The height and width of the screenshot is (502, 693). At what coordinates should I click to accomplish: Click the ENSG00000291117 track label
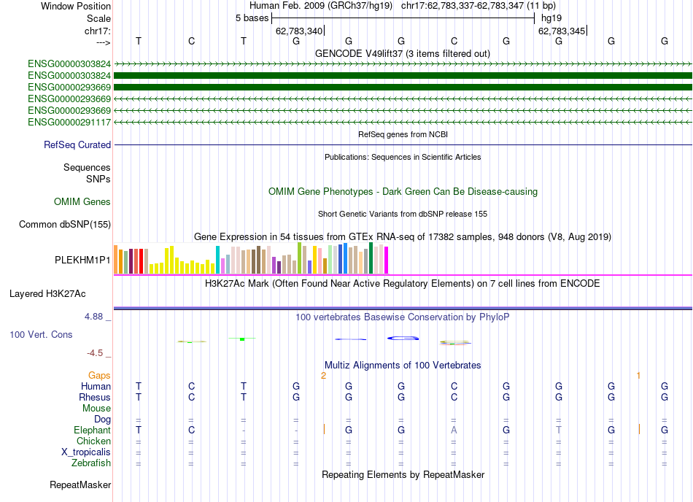[69, 122]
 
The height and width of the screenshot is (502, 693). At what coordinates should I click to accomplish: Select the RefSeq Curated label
[77, 145]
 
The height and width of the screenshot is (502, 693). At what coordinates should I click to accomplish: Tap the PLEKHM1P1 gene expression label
[83, 260]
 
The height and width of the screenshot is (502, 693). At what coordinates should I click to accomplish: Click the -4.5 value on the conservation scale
[95, 353]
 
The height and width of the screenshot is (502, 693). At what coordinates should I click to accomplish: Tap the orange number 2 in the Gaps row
[323, 375]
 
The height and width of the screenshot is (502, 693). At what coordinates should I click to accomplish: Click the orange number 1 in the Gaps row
[638, 375]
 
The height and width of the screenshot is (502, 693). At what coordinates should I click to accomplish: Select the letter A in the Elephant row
[454, 430]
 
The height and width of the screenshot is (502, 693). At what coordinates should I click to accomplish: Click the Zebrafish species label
[91, 463]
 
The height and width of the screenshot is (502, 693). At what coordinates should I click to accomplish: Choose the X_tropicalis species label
[86, 452]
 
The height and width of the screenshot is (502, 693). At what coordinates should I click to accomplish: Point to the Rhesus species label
[95, 397]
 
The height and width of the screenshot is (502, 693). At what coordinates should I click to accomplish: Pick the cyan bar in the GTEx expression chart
[217, 260]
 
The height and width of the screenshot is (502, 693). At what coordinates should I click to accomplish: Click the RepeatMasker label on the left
[80, 484]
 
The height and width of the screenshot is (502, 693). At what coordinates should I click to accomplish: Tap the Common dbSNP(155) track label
[65, 225]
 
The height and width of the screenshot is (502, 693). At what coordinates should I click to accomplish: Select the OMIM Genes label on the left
[82, 201]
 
